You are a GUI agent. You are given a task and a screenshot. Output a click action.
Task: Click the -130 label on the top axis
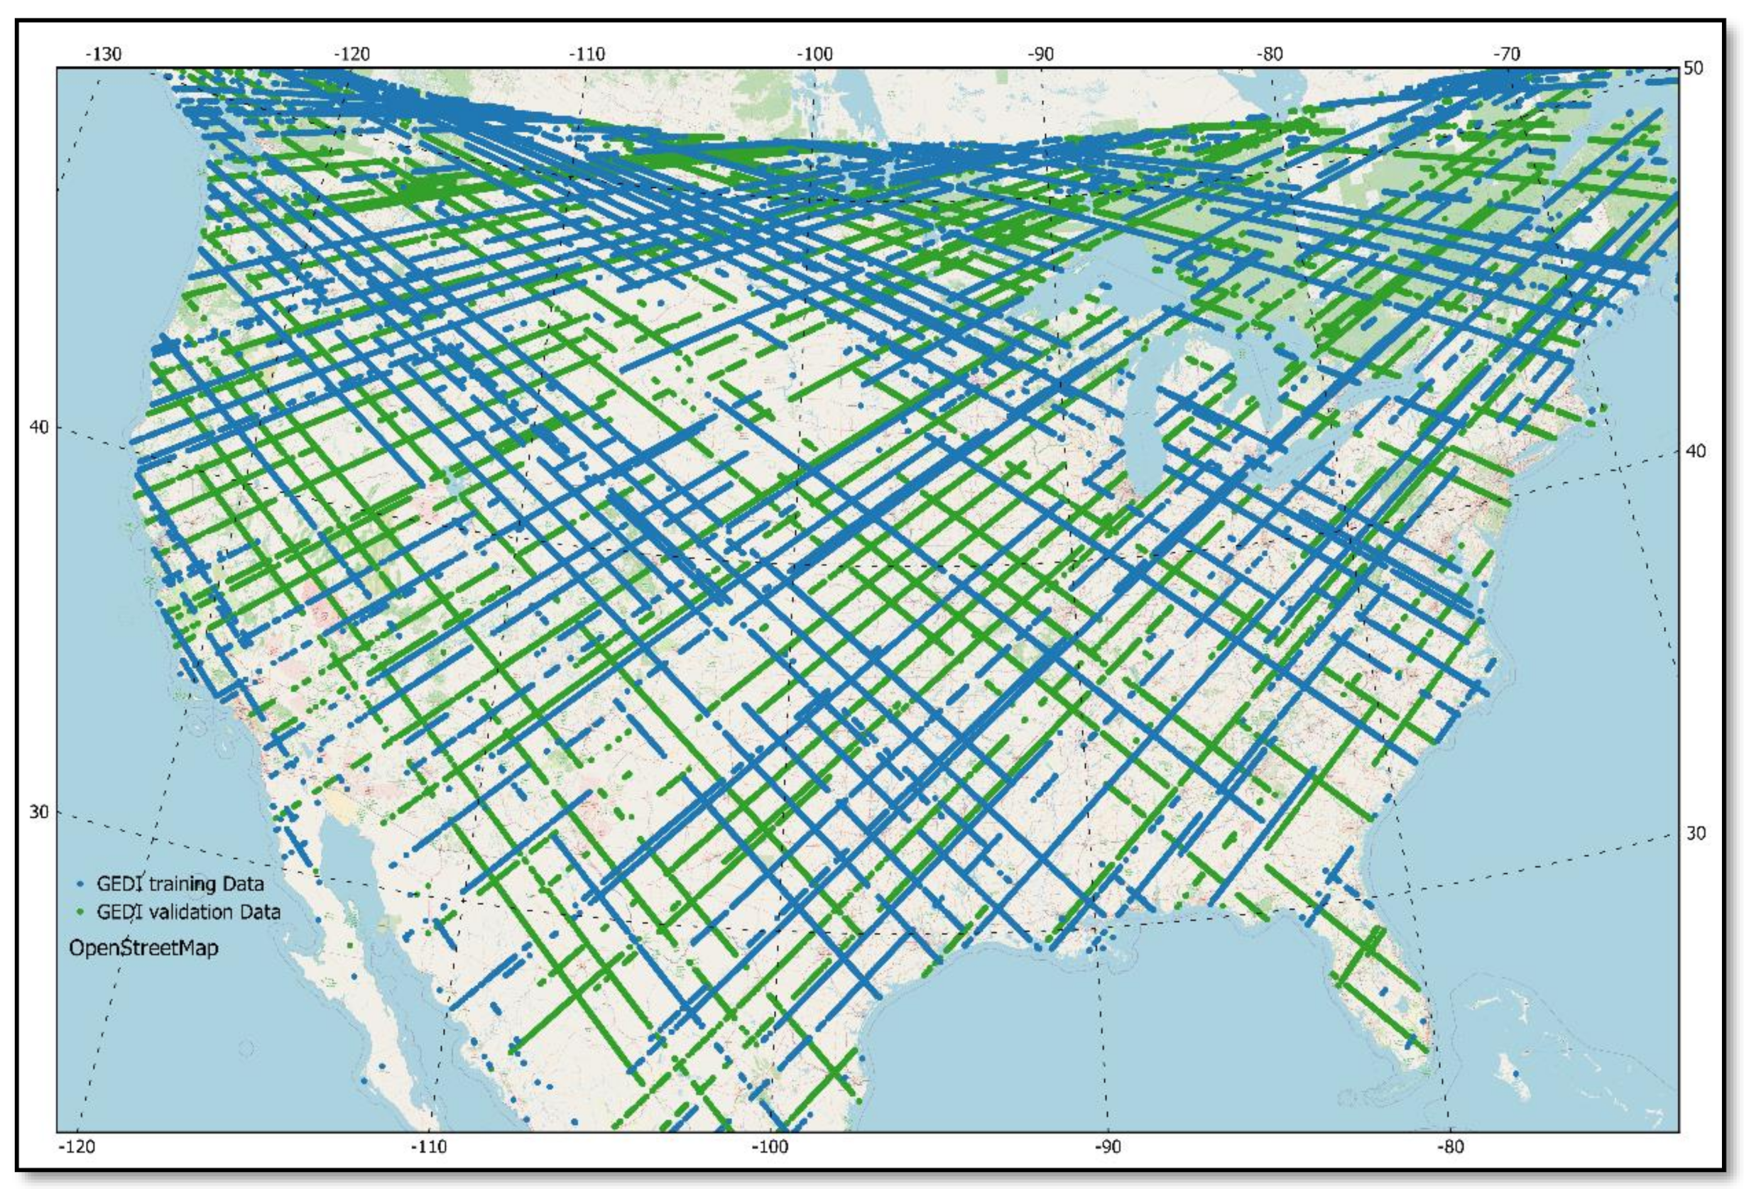pos(104,54)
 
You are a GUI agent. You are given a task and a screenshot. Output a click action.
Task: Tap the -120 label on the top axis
pos(352,54)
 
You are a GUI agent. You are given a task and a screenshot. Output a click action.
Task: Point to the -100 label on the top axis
pos(814,54)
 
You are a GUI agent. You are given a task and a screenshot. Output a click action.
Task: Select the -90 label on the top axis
pos(1040,54)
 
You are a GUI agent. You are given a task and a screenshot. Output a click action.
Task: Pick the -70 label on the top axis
pos(1505,54)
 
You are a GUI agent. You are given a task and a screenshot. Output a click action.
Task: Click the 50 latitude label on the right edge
pos(1693,68)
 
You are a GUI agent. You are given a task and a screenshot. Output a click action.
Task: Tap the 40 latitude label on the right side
pos(1694,451)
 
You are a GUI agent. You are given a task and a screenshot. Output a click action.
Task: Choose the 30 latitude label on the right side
pos(1694,833)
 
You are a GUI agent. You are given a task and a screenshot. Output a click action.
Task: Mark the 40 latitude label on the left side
pos(38,426)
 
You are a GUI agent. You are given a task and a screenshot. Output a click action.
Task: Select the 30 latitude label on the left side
pos(38,811)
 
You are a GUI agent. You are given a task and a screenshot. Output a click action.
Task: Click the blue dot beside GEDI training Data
pos(81,884)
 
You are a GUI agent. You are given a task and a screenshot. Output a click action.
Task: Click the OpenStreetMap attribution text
pos(143,948)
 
